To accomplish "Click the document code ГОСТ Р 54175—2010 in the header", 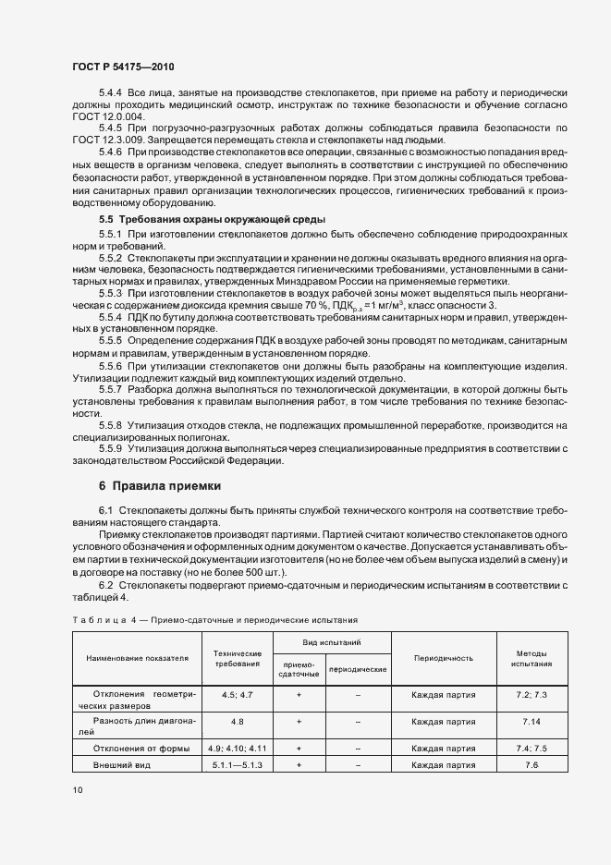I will (124, 68).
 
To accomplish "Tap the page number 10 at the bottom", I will (78, 790).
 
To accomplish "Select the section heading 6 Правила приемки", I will (158, 486).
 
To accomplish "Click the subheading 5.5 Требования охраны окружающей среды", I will (212, 219).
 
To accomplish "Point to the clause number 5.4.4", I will (110, 93).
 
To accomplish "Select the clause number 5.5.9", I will (110, 449).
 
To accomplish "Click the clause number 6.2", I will (104, 586).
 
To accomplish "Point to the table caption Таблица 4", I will (99, 619).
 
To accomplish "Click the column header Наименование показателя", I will (137, 658).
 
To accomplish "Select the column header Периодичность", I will (443, 658).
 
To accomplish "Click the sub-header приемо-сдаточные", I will (299, 668).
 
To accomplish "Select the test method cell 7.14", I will (531, 721).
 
